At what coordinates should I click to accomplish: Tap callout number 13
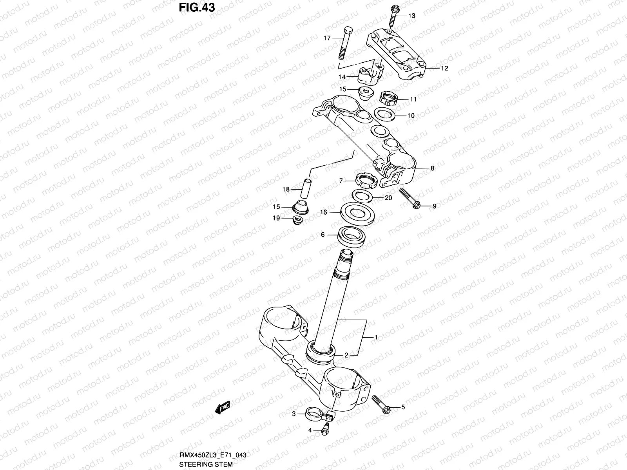pos(411,16)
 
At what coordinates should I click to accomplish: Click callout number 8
pos(432,168)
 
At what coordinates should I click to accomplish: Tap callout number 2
pos(346,356)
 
